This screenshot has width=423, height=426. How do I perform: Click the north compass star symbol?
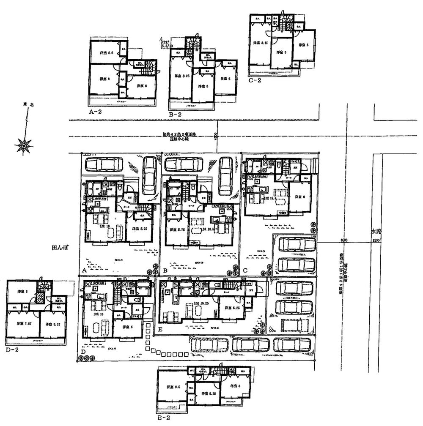(24, 146)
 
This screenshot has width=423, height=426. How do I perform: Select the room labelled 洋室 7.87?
(22, 324)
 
